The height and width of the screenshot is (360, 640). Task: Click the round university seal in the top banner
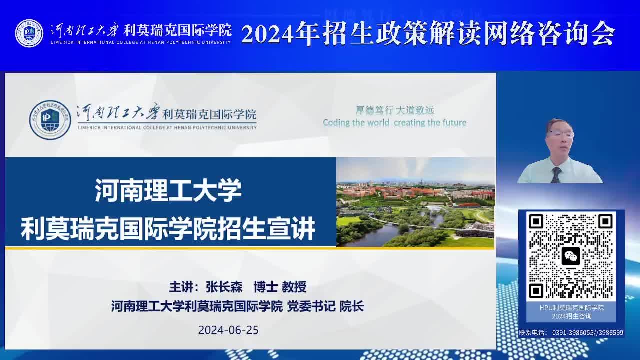click(x=29, y=33)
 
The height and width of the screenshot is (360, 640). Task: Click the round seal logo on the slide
click(x=50, y=120)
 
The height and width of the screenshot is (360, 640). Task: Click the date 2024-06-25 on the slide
click(x=228, y=330)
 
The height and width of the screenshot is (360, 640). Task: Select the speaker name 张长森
click(x=224, y=287)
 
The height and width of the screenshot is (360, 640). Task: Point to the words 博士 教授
click(x=280, y=287)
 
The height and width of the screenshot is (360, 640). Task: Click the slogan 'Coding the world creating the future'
click(x=395, y=123)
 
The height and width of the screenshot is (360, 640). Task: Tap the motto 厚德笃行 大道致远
click(x=395, y=110)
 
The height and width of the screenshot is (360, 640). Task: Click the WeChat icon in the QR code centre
click(x=571, y=256)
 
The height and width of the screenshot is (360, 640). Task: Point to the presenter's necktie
click(x=556, y=175)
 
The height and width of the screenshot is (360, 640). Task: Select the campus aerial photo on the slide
click(x=415, y=202)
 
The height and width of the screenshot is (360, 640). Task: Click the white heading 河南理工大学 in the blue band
click(x=168, y=190)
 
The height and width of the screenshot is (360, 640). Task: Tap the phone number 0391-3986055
click(x=573, y=333)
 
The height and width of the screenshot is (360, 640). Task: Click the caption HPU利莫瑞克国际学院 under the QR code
click(x=571, y=308)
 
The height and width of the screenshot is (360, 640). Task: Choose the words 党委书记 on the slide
click(x=311, y=306)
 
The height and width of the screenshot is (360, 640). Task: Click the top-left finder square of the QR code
click(x=536, y=221)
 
